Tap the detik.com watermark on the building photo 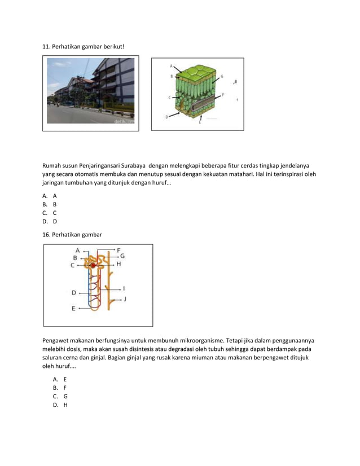pyautogui.click(x=124, y=120)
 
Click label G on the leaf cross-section pyautogui.click(x=222, y=76)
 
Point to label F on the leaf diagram pyautogui.click(x=223, y=95)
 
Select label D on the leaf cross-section pyautogui.click(x=166, y=117)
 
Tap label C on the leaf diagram pyautogui.click(x=169, y=98)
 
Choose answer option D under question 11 pyautogui.click(x=55, y=222)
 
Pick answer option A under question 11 pyautogui.click(x=55, y=196)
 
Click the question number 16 pyautogui.click(x=46, y=234)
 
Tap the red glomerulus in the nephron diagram pyautogui.click(x=93, y=265)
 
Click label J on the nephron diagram pyautogui.click(x=125, y=298)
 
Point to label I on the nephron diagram pyautogui.click(x=124, y=288)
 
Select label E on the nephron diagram pyautogui.click(x=73, y=309)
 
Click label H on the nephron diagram pyautogui.click(x=118, y=263)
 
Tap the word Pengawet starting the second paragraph pyautogui.click(x=56, y=341)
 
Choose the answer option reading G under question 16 pyautogui.click(x=65, y=396)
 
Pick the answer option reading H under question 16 pyautogui.click(x=65, y=405)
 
